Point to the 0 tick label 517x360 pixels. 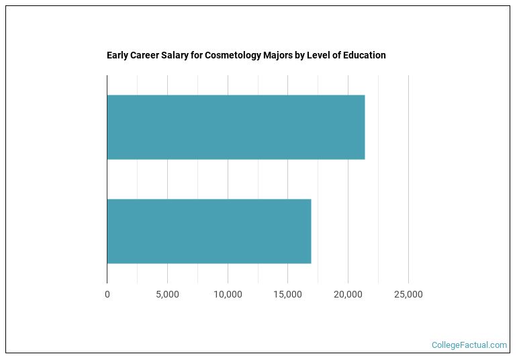pos(107,294)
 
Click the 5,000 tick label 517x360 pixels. pos(167,294)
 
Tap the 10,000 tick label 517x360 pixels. pos(228,294)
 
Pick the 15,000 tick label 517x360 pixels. pos(287,294)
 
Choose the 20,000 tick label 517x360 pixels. pos(348,294)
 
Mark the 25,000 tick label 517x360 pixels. pos(408,294)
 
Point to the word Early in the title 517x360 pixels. pos(117,55)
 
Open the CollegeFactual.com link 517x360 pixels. pos(469,345)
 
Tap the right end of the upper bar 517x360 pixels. pos(365,127)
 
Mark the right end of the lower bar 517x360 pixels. pos(311,231)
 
